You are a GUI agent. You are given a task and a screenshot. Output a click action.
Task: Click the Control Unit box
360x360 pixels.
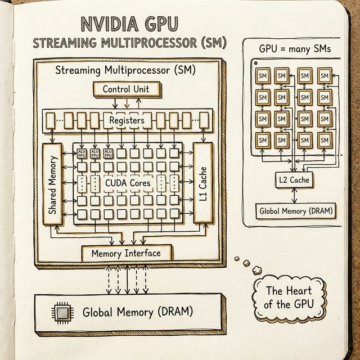[129, 89]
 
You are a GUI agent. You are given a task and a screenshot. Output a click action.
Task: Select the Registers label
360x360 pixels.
[127, 120]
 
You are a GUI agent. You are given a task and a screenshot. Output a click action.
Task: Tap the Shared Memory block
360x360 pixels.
[53, 184]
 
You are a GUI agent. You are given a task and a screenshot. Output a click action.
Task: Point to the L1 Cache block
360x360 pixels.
[202, 184]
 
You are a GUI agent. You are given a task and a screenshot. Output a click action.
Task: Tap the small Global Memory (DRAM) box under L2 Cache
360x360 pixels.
[295, 211]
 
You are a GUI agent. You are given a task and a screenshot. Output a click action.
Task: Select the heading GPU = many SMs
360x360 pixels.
[295, 48]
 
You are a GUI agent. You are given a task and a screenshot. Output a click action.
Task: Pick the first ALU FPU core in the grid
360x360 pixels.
[82, 154]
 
